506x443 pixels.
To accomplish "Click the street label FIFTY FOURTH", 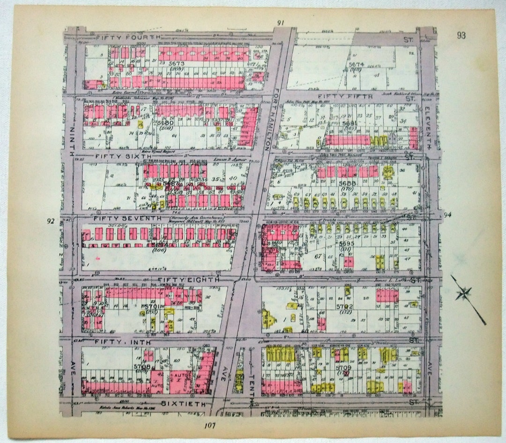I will (128, 36).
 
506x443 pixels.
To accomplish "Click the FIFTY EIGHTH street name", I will (188, 280).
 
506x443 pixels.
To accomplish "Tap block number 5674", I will (356, 64).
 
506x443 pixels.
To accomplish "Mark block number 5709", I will (344, 368).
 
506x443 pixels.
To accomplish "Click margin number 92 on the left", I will (51, 221).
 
